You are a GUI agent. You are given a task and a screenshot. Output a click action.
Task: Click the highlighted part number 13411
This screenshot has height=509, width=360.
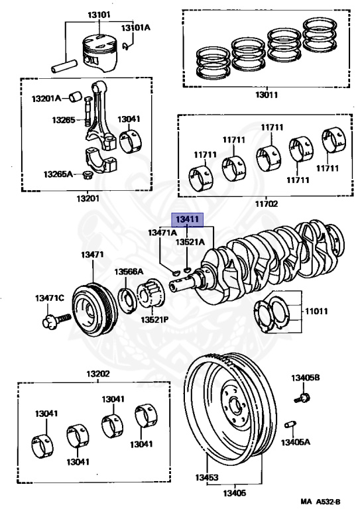point(187,220)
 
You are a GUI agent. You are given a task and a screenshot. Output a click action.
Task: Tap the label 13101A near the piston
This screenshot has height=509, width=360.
point(136,28)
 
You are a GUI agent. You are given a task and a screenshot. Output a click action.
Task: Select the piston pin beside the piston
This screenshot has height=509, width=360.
point(64,66)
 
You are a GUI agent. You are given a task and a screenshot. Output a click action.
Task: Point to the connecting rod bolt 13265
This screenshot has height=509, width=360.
point(87,111)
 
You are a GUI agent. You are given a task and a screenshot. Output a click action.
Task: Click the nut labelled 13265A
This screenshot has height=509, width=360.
point(86,175)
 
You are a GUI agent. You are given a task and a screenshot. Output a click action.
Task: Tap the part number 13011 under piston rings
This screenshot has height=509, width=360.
point(266,95)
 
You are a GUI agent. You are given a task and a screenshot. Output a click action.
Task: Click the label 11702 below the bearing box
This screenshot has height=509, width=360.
point(266,203)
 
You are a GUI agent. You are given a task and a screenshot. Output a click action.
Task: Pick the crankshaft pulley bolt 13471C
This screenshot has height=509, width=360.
point(56,319)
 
